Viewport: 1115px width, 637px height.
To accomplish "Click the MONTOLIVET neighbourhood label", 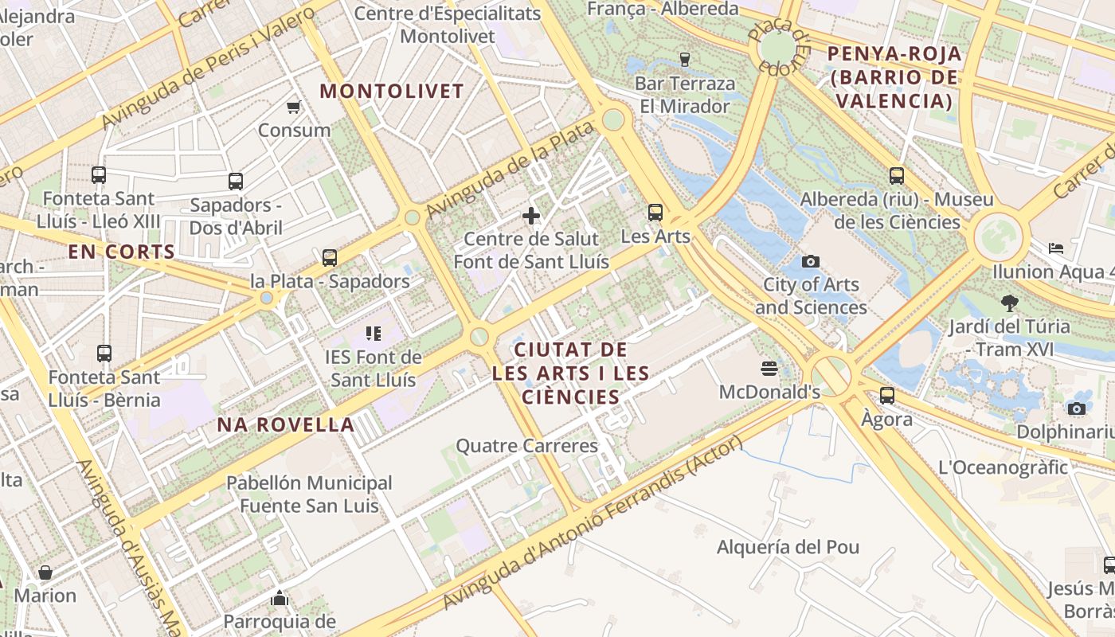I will pyautogui.click(x=391, y=91).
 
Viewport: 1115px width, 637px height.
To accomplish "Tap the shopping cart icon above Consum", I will pyautogui.click(x=294, y=107).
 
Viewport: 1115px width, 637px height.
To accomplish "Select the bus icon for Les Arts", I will pyautogui.click(x=655, y=213).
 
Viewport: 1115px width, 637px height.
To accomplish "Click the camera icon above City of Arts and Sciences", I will pyautogui.click(x=810, y=261).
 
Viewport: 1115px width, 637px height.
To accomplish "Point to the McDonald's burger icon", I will pyautogui.click(x=769, y=368).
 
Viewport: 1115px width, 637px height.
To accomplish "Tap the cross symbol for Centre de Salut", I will pyautogui.click(x=531, y=215).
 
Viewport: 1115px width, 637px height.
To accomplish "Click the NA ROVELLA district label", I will pyautogui.click(x=286, y=424).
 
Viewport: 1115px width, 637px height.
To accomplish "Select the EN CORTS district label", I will pyautogui.click(x=121, y=252).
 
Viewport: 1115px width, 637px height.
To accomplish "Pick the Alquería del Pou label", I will pyautogui.click(x=788, y=547).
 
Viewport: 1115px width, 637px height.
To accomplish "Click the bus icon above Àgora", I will pyautogui.click(x=886, y=395).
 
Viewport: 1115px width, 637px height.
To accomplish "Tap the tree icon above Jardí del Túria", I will pyautogui.click(x=1009, y=303).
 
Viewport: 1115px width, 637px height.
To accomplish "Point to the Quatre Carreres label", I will pyautogui.click(x=526, y=446).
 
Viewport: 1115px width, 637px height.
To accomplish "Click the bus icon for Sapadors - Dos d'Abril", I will pyautogui.click(x=235, y=182).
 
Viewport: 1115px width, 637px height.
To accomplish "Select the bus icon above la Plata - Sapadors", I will pyautogui.click(x=329, y=257).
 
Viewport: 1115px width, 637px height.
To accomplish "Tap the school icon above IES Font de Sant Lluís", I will pyautogui.click(x=373, y=333).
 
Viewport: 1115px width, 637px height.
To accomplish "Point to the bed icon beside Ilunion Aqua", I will pyautogui.click(x=1056, y=248).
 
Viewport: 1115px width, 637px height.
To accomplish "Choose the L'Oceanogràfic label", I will pyautogui.click(x=1003, y=467).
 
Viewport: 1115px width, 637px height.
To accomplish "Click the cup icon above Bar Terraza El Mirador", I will pyautogui.click(x=684, y=59).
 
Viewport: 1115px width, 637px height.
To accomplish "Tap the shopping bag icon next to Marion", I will pyautogui.click(x=45, y=573).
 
